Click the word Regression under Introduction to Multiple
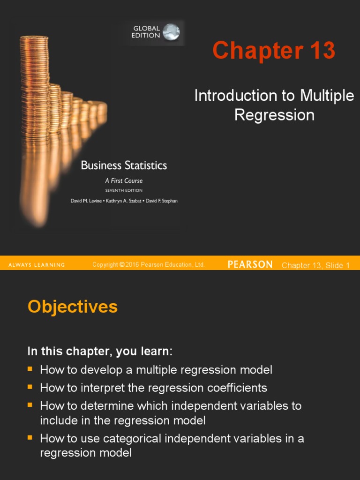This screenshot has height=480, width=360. (274, 115)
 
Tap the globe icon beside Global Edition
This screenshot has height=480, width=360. (171, 32)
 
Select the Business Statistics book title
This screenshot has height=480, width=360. (124, 165)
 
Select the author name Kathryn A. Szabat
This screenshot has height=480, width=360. (123, 201)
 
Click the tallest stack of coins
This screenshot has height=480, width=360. (34, 84)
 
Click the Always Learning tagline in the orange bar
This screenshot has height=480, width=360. (37, 265)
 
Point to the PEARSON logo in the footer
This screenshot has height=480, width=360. (250, 265)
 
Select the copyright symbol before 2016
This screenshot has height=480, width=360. (122, 265)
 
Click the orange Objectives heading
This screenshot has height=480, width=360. (73, 307)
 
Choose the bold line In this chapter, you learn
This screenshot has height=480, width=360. (100, 352)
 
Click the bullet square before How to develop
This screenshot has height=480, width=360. (30, 369)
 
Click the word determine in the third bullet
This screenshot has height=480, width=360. (100, 405)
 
